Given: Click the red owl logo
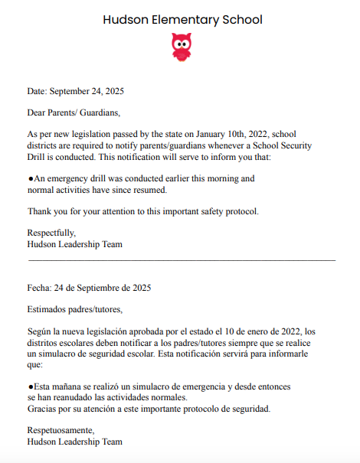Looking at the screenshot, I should click(x=182, y=47).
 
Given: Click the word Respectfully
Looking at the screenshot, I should click(x=51, y=233).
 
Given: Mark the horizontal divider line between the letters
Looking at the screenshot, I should click(x=182, y=260).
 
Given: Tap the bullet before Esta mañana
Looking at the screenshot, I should click(x=30, y=387).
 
